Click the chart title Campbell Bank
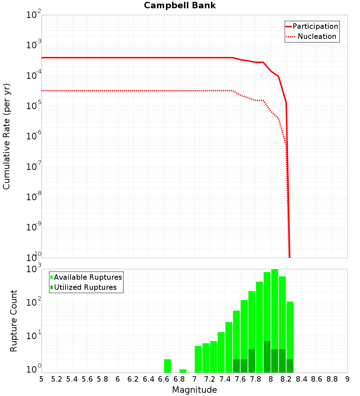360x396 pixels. (180, 5)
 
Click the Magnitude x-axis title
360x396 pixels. (194, 390)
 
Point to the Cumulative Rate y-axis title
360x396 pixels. (6, 136)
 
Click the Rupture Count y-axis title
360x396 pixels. (14, 320)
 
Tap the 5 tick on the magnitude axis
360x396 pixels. (41, 379)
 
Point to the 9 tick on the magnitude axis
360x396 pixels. (347, 379)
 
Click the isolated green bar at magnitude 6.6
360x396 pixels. (167, 366)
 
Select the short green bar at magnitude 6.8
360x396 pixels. (183, 371)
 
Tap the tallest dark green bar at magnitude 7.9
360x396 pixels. (267, 356)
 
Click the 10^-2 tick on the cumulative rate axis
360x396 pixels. (34, 15)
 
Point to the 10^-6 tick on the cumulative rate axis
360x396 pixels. (34, 136)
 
